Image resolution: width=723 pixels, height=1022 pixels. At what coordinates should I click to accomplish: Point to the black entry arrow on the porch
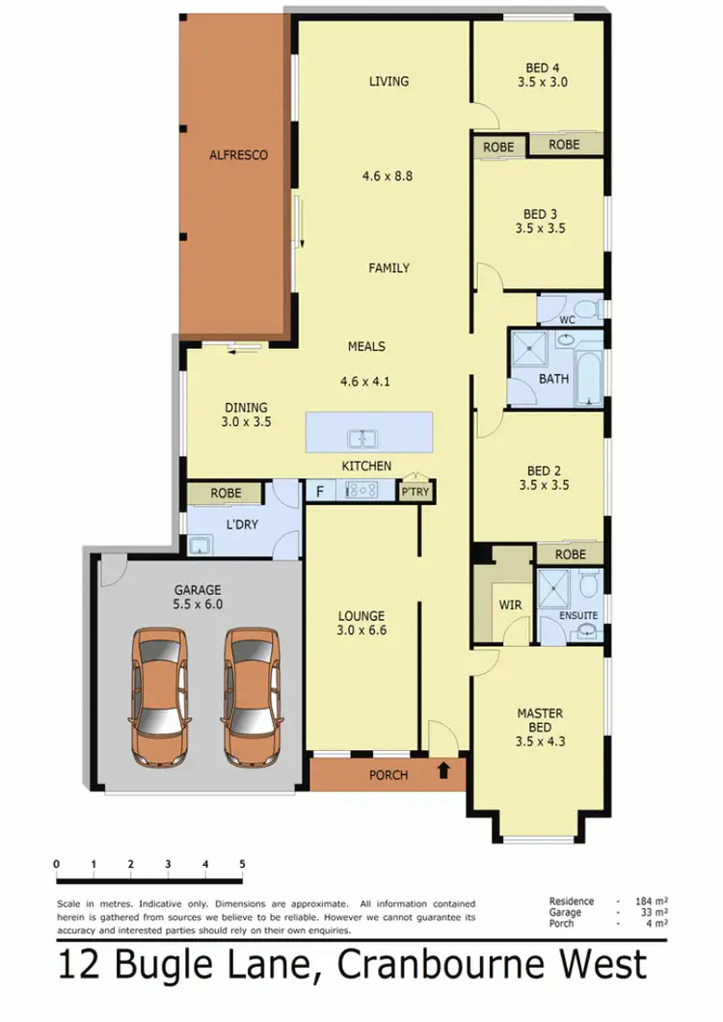(443, 770)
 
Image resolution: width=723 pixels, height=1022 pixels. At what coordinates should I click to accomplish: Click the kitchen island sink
(362, 439)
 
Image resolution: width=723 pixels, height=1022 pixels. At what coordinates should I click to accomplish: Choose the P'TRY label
(415, 492)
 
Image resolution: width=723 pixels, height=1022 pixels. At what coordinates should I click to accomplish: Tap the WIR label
(510, 605)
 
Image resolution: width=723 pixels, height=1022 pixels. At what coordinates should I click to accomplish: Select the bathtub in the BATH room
(589, 371)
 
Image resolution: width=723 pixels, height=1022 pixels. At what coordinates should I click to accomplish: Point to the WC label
(568, 318)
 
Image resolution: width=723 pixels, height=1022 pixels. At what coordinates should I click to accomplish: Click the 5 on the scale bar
(242, 863)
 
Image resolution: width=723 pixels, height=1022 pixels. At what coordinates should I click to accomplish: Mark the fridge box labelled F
(318, 491)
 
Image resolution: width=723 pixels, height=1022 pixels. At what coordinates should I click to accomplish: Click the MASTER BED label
(540, 720)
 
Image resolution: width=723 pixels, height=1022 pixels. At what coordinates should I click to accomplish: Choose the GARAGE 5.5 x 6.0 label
(198, 598)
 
